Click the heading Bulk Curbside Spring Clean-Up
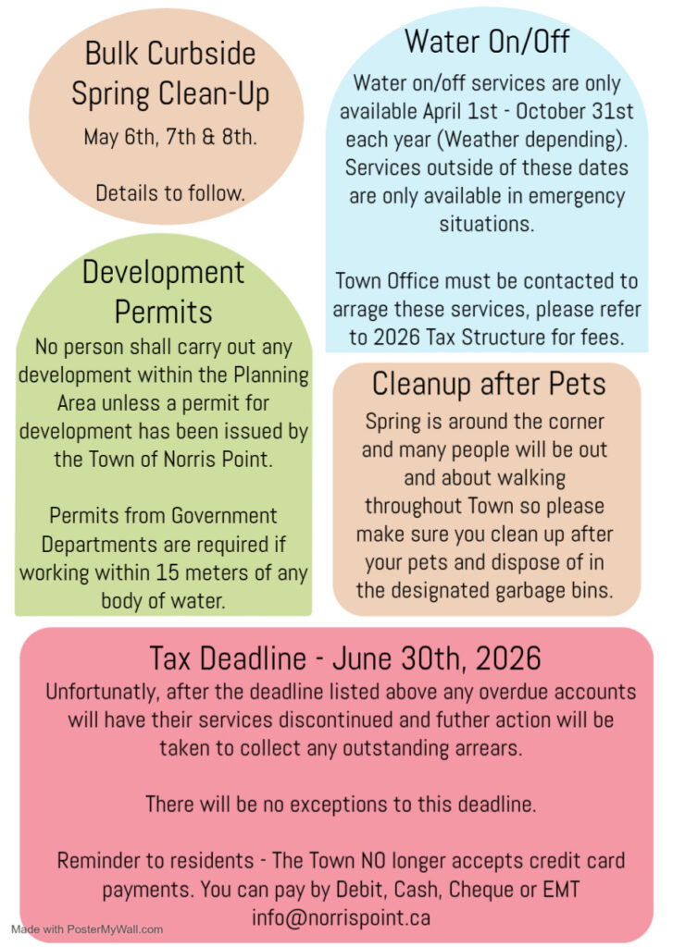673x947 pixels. click(x=169, y=72)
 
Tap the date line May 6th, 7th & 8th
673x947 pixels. click(x=170, y=138)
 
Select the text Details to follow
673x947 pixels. click(x=170, y=193)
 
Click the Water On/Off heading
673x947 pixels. click(x=487, y=42)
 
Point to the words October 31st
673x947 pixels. click(x=573, y=112)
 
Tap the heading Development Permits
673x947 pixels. click(x=164, y=291)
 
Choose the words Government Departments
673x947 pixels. click(x=163, y=529)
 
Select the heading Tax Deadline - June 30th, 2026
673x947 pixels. click(x=344, y=658)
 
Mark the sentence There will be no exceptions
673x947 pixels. click(x=341, y=804)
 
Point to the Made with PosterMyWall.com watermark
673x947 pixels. click(x=87, y=929)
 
